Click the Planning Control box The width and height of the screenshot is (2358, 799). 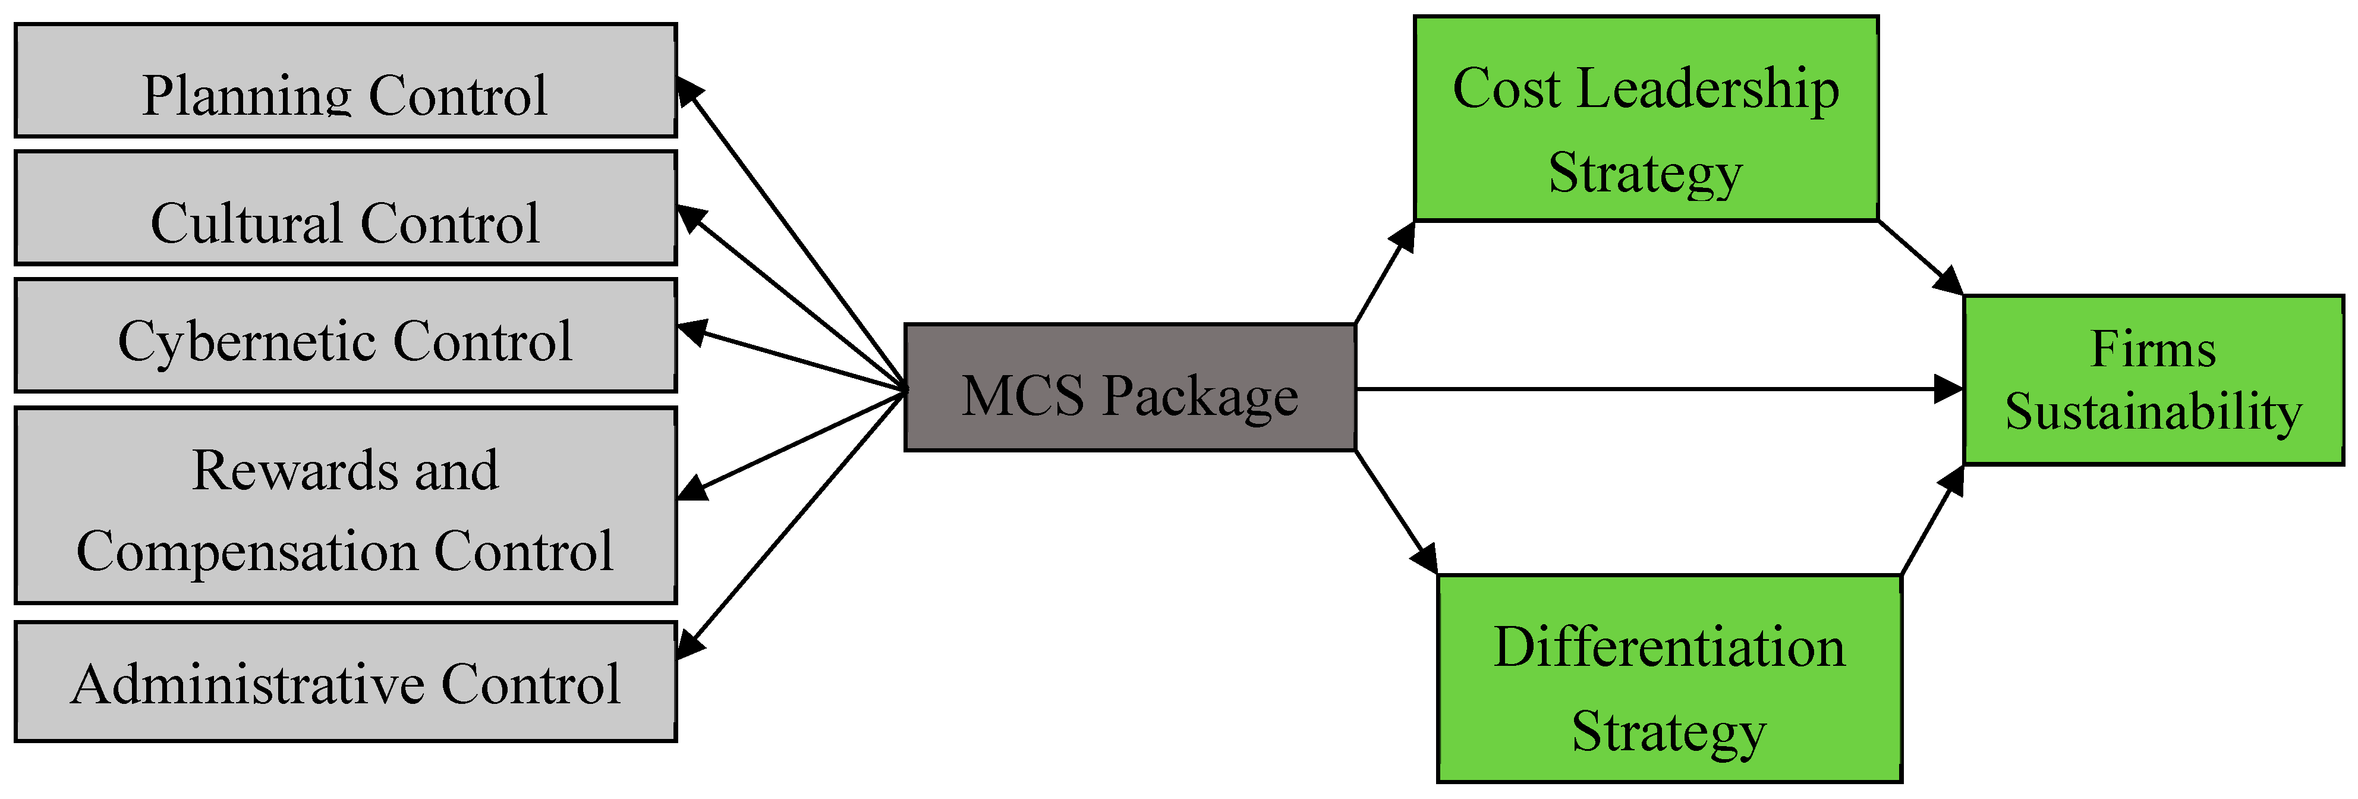click(x=345, y=80)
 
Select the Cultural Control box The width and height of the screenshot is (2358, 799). click(x=345, y=209)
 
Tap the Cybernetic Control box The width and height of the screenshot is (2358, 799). click(x=345, y=336)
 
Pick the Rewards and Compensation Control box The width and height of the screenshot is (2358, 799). click(x=345, y=505)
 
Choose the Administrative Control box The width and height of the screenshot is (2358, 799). click(x=345, y=682)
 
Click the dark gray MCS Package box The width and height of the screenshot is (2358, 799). click(x=1129, y=387)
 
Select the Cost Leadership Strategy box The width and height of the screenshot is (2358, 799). click(x=1645, y=119)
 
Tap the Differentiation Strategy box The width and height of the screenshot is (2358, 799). click(x=1668, y=678)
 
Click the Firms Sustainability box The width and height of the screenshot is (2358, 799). click(x=2153, y=380)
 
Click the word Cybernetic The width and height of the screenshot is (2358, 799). click(x=247, y=342)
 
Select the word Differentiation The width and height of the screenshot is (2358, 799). click(x=1668, y=647)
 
